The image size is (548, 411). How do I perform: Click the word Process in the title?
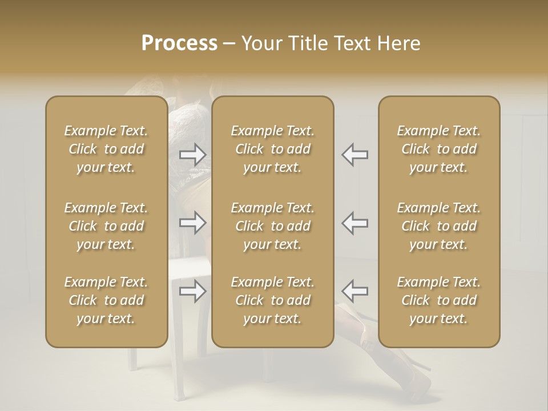click(179, 43)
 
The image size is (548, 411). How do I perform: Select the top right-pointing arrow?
click(193, 155)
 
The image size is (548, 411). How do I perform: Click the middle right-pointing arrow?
click(193, 223)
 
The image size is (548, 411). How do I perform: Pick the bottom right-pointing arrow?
click(193, 291)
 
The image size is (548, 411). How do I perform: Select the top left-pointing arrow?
click(354, 155)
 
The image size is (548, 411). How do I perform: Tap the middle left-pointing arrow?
click(354, 223)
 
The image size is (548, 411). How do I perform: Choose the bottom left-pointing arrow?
click(354, 291)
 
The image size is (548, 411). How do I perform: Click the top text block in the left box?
click(106, 149)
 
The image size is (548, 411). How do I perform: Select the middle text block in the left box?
click(106, 226)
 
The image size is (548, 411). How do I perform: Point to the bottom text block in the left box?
click(106, 300)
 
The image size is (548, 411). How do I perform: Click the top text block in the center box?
click(273, 149)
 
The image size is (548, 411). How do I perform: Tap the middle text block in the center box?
click(273, 226)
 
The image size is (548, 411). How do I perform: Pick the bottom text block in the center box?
click(273, 300)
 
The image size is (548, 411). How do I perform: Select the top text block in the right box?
click(439, 149)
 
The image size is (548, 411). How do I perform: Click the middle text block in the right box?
click(439, 226)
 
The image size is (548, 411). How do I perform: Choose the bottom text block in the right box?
click(439, 300)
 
